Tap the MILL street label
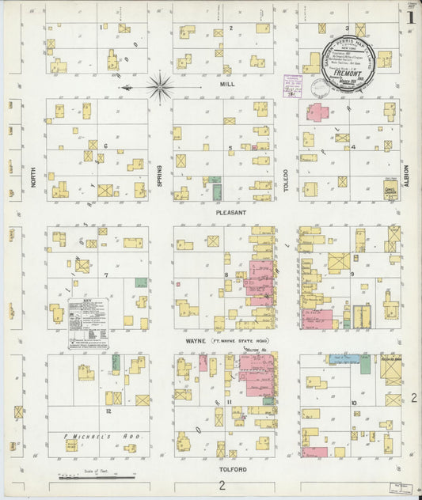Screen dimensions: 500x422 coord(226,82)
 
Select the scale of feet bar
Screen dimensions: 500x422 coord(86,478)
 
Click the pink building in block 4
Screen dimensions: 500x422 coord(318,112)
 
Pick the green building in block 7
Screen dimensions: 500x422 coord(141,282)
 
